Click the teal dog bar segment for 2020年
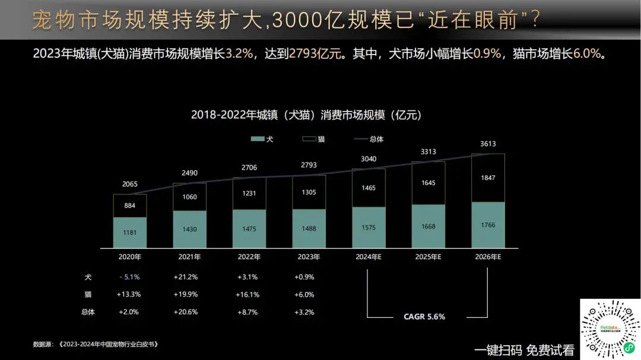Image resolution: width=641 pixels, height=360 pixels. point(130,232)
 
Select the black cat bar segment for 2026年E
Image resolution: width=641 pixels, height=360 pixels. point(488,178)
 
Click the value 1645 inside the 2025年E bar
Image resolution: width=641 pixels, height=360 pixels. point(428,183)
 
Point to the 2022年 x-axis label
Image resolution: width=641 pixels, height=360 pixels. point(249,257)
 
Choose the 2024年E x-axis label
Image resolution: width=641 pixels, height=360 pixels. point(368,257)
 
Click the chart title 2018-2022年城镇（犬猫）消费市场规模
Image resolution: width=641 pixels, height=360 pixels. point(306,114)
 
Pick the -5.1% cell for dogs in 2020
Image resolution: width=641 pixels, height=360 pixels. point(129,277)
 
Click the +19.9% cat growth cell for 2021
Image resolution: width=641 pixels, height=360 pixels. point(185,294)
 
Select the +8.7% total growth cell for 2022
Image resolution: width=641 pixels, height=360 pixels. point(248,312)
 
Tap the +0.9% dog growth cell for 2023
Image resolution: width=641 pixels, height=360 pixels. point(304,277)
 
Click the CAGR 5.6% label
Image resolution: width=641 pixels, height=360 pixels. point(424,317)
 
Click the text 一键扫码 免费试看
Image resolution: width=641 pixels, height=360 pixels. point(524,350)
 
